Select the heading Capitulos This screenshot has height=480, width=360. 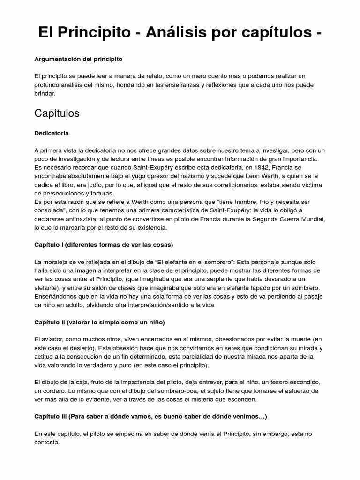(x=57, y=113)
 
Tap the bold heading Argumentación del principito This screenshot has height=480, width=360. (x=78, y=59)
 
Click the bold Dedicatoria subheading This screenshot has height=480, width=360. (x=52, y=133)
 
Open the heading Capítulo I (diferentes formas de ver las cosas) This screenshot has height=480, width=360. (x=104, y=245)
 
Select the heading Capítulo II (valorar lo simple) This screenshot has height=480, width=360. (x=99, y=322)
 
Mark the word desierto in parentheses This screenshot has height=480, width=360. (x=94, y=348)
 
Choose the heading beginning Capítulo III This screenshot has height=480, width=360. (x=150, y=417)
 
